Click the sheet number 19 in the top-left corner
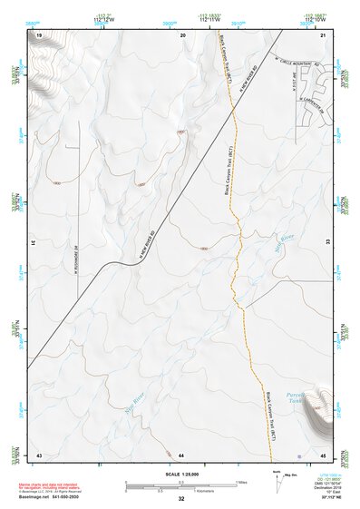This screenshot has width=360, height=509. pyautogui.click(x=40, y=34)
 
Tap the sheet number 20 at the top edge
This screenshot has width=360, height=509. pyautogui.click(x=183, y=34)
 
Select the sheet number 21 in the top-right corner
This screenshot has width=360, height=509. pyautogui.click(x=323, y=34)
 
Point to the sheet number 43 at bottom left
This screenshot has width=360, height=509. pyautogui.click(x=40, y=454)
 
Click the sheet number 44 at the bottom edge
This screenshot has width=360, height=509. pyautogui.click(x=181, y=454)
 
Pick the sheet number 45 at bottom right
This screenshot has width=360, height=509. pyautogui.click(x=322, y=454)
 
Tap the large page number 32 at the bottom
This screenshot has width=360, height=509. pyautogui.click(x=181, y=499)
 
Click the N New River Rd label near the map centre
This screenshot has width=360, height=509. pyautogui.click(x=154, y=244)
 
